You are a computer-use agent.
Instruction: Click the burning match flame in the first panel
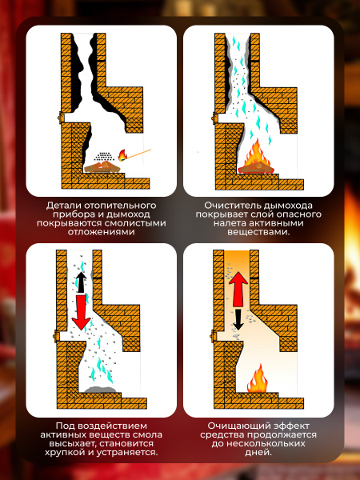[122, 155]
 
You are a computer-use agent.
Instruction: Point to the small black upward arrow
[81, 282]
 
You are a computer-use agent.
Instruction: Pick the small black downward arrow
[238, 319]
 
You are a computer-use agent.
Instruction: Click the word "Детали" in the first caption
[61, 206]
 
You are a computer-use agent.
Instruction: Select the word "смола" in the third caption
[149, 434]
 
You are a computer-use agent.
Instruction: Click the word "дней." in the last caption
[258, 453]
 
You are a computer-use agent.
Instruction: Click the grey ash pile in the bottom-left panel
[100, 390]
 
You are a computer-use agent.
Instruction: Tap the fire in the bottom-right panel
[258, 378]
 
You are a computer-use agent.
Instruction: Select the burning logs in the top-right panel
[256, 167]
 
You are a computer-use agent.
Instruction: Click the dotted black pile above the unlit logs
[104, 157]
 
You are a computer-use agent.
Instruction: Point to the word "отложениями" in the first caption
[102, 232]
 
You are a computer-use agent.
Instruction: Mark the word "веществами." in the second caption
[258, 232]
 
